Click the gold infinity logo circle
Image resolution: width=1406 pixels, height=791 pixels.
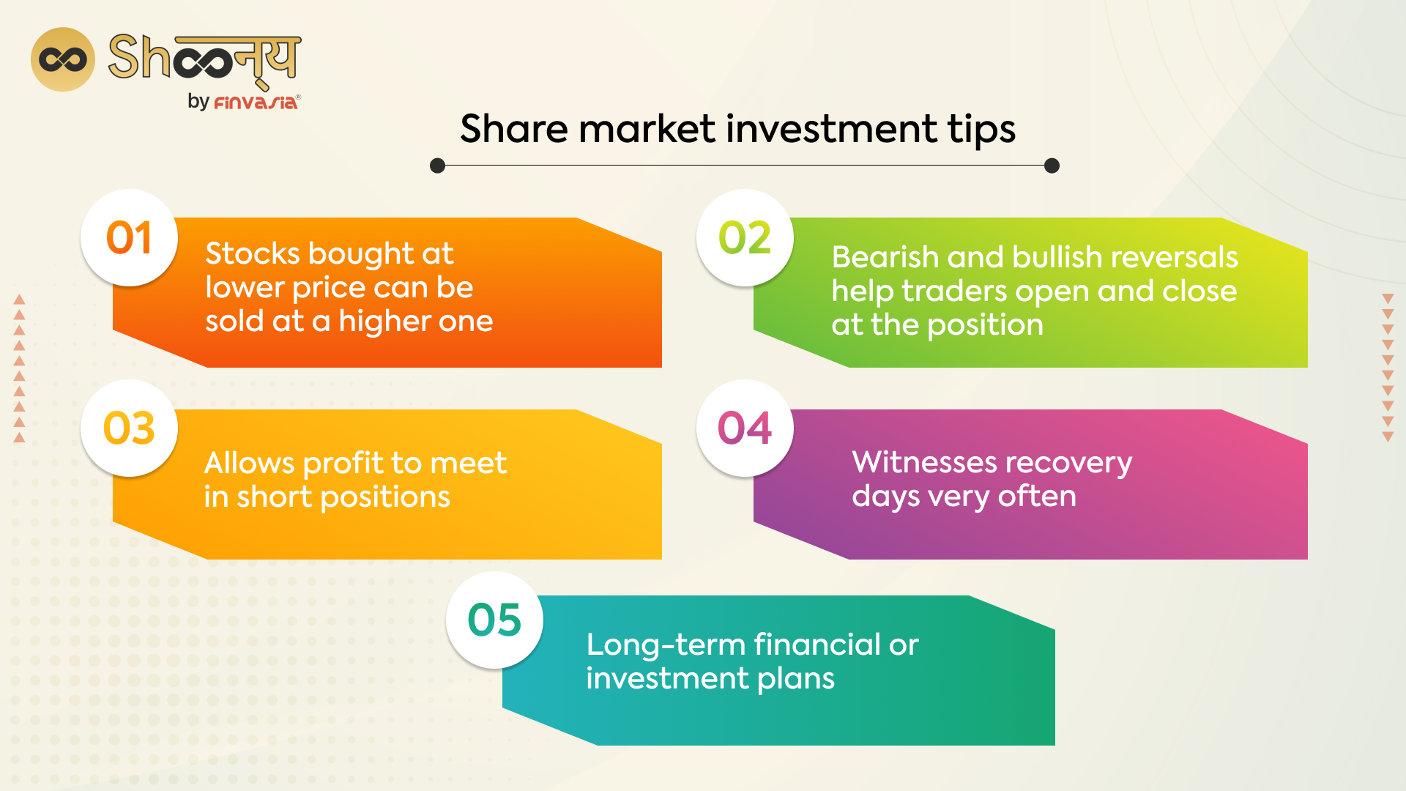63,59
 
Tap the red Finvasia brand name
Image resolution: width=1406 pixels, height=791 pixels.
256,103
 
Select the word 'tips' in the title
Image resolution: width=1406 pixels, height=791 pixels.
981,130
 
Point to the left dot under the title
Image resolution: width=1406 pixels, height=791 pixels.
438,166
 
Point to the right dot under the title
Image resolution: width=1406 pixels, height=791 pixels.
1052,166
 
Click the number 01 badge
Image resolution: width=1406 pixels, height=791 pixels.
129,238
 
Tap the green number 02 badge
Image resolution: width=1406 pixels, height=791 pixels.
745,238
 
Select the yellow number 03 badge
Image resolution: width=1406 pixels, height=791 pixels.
129,428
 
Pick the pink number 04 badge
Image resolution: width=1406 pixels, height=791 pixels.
745,428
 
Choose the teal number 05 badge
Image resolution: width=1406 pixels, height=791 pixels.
494,620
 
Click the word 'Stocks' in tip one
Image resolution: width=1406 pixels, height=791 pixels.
252,253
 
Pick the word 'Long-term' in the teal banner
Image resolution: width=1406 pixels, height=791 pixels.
666,645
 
